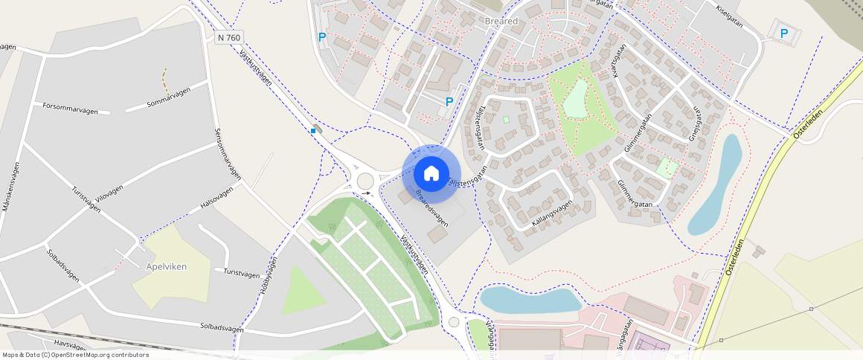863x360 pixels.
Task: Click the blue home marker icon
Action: (x=431, y=174)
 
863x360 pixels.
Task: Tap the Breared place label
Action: (x=501, y=22)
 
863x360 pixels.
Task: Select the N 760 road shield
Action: (x=231, y=36)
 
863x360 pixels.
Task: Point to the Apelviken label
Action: (x=167, y=266)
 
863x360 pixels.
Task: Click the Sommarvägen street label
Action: (x=169, y=97)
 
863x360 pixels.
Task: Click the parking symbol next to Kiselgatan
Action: (x=783, y=33)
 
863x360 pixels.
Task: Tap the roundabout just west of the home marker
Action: (x=365, y=180)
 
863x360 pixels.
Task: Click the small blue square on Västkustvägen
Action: (x=313, y=131)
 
